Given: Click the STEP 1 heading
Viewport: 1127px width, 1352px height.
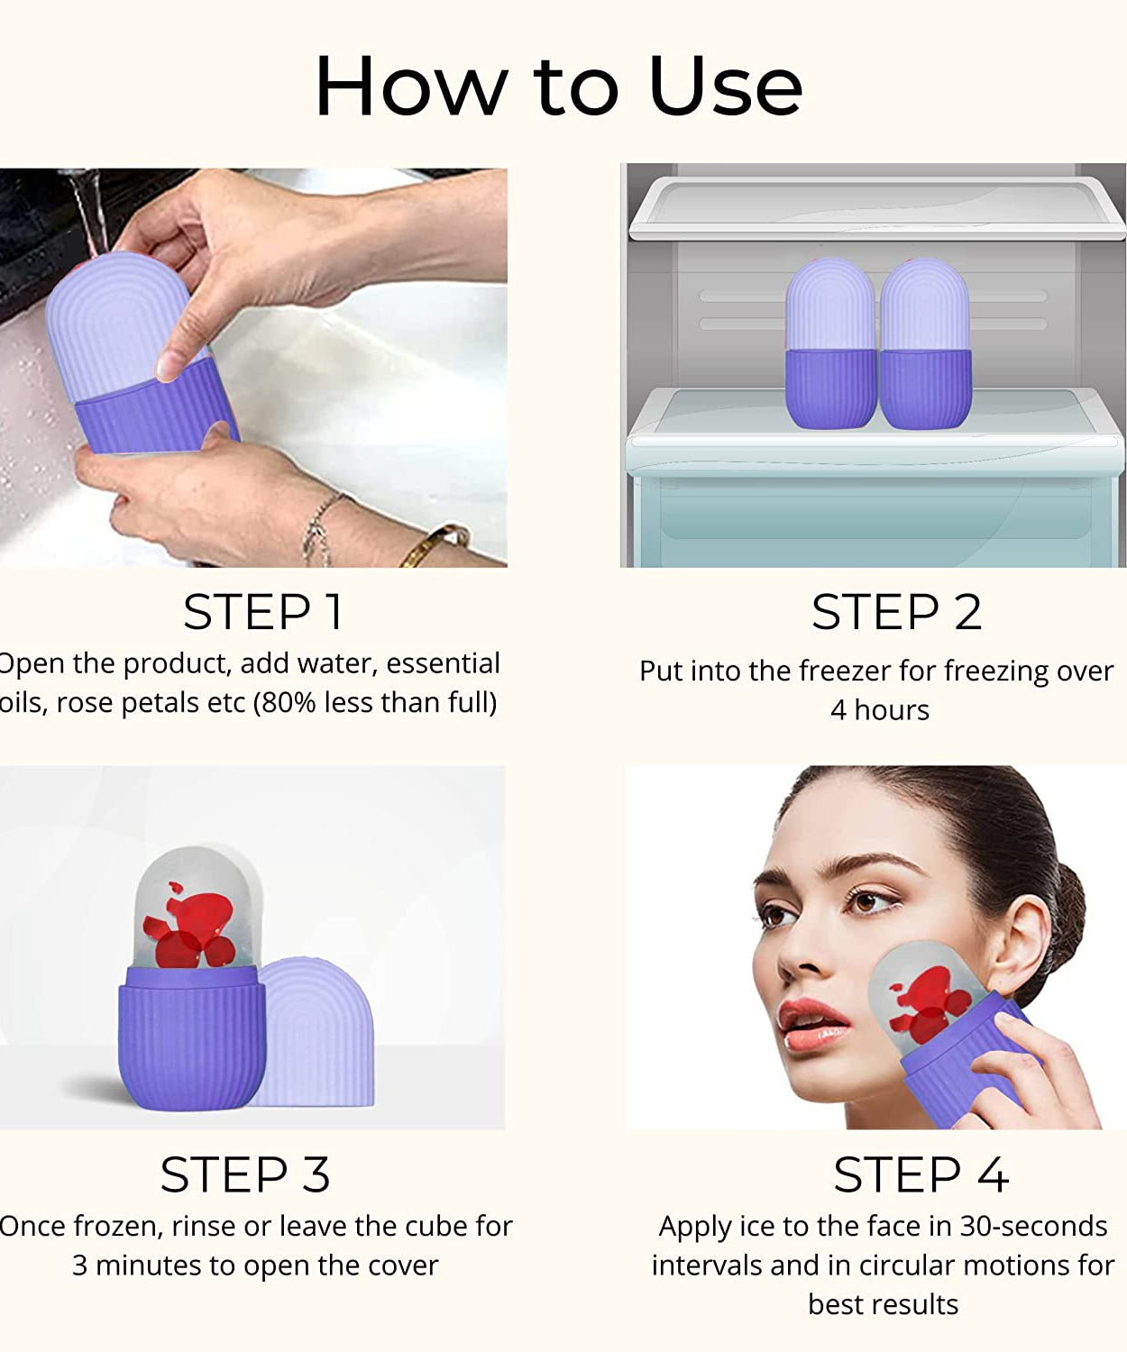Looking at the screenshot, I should (x=262, y=613).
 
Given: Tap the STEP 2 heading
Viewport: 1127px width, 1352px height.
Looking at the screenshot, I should (x=896, y=613).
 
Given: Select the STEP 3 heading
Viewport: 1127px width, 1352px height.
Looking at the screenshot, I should (x=245, y=1175).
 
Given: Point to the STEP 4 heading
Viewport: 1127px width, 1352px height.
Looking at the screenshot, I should (x=921, y=1175).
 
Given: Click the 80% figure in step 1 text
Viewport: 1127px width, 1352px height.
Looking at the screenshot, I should (x=285, y=703).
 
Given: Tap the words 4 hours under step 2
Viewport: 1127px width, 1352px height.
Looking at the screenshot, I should (x=879, y=710).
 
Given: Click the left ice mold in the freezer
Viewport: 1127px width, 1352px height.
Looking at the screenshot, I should (x=830, y=343).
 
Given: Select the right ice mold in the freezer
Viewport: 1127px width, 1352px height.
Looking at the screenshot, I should (x=925, y=343).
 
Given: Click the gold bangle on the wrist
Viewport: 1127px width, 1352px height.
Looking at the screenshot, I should (x=435, y=544).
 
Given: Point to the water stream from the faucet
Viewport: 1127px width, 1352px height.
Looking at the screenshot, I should (x=91, y=212).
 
